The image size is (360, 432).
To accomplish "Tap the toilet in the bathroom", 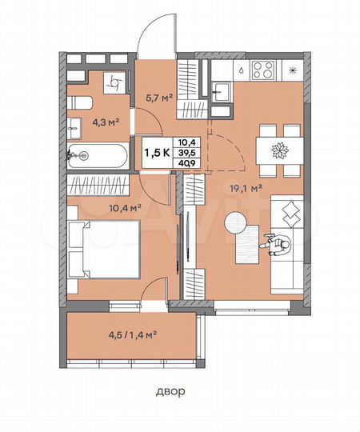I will pyautogui.click(x=79, y=102).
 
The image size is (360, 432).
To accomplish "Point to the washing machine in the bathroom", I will pyautogui.click(x=115, y=80).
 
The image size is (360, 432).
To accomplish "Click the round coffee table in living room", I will pyautogui.click(x=237, y=224).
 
